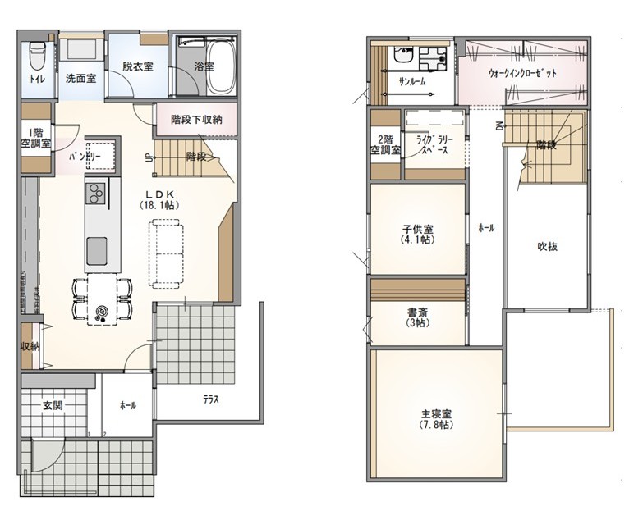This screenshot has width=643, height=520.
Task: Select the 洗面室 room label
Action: (80, 78)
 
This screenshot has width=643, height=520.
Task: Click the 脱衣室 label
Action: (138, 66)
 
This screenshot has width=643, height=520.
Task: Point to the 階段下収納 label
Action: (197, 120)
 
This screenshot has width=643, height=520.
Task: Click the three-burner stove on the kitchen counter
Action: (96, 194)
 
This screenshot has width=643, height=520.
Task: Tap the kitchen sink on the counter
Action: (97, 252)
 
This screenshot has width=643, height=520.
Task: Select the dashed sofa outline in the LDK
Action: (166, 253)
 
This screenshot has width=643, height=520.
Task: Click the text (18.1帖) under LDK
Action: (159, 205)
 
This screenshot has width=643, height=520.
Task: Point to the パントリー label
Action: (85, 156)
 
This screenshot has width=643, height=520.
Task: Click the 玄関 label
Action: (53, 406)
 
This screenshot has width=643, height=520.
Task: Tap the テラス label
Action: (211, 399)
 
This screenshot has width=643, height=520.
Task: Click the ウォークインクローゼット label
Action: (522, 73)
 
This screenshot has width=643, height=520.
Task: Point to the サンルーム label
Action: (412, 81)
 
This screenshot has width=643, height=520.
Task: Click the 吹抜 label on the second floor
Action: (548, 247)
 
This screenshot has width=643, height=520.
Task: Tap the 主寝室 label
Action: (436, 420)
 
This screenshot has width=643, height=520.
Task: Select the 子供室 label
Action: (418, 235)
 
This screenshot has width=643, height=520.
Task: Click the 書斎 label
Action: (418, 317)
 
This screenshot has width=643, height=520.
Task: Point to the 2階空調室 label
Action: (385, 145)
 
